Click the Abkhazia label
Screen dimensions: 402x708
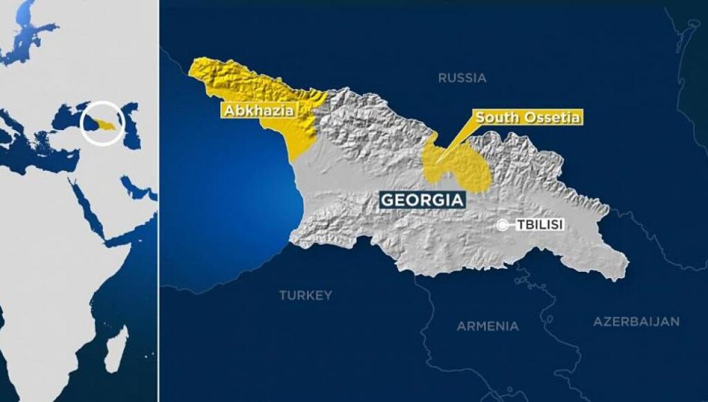(257, 110)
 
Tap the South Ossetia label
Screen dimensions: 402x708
(527, 118)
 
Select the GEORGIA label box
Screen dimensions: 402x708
(421, 201)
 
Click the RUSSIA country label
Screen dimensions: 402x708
(462, 78)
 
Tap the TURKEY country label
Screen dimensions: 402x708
(305, 295)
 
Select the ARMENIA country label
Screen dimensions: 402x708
(487, 326)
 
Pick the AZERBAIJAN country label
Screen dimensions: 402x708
(636, 322)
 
